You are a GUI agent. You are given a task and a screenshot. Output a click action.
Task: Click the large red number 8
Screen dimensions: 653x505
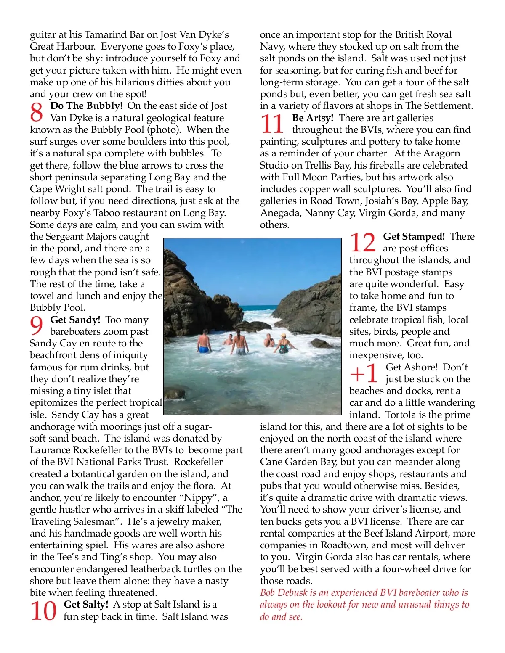37,112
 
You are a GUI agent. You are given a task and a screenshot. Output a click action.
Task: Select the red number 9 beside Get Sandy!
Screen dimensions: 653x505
37,326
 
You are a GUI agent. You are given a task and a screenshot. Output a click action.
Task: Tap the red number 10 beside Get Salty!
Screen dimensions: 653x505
43,611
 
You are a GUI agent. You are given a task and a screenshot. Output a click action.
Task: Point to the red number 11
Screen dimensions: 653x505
272,124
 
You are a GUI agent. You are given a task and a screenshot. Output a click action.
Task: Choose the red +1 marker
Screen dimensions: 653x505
364,373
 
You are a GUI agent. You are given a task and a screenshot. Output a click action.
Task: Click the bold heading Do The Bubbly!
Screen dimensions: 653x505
86,106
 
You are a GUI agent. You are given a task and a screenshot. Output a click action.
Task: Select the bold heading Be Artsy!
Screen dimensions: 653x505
313,118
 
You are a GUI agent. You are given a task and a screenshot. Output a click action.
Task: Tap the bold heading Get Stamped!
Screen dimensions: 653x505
414,236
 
